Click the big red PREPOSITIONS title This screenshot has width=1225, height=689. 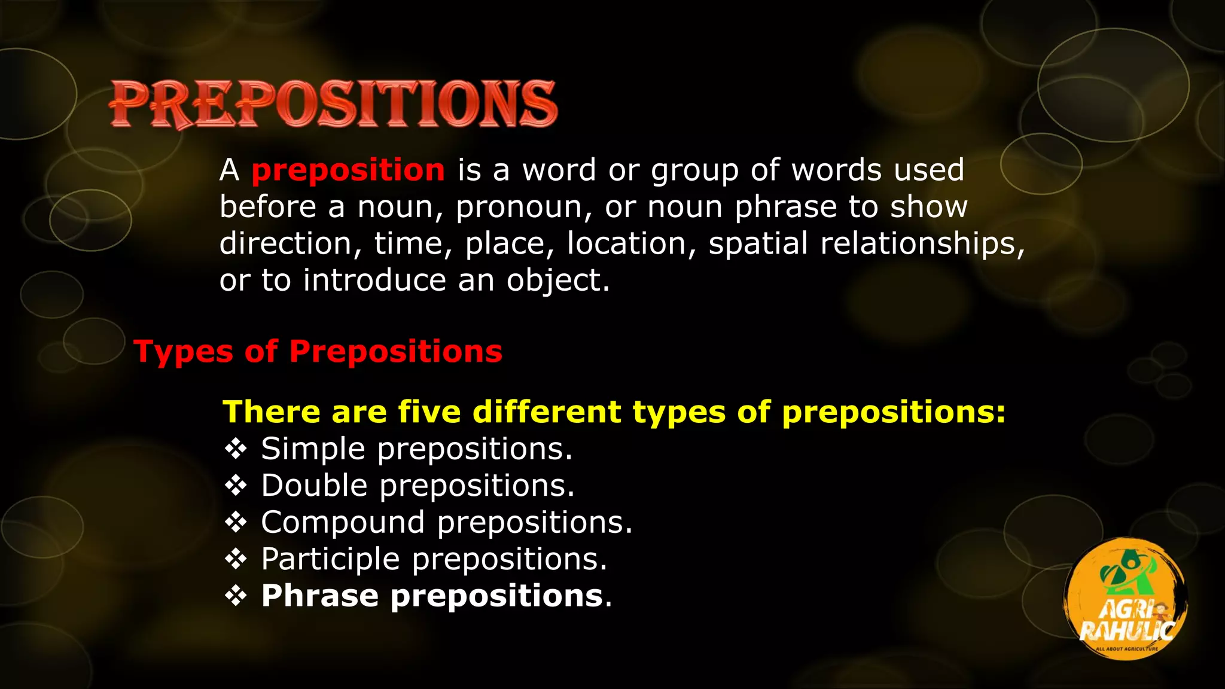(x=333, y=104)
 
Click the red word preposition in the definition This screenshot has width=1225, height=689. (x=348, y=170)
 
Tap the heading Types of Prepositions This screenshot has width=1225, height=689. (x=318, y=351)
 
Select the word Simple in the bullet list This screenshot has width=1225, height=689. (x=313, y=449)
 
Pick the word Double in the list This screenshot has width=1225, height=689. (x=314, y=485)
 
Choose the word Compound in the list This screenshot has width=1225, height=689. (x=343, y=523)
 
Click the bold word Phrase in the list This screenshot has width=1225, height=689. (x=320, y=596)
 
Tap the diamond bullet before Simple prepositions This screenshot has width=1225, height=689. (x=236, y=449)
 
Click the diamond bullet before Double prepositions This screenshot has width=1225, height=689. (x=236, y=486)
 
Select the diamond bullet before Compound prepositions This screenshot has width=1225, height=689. (x=236, y=523)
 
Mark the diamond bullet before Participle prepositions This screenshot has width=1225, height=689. (x=236, y=560)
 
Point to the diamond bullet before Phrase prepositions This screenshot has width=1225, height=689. (x=236, y=596)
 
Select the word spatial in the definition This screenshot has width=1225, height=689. (x=758, y=244)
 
